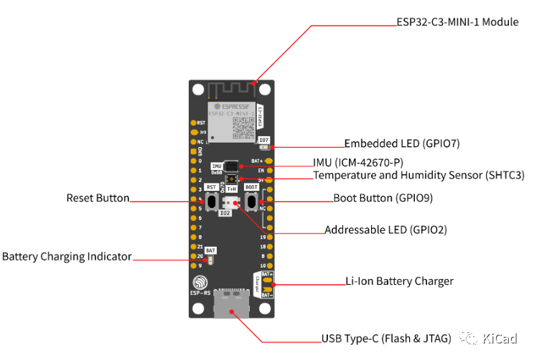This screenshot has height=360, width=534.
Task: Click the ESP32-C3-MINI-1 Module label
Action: point(457,22)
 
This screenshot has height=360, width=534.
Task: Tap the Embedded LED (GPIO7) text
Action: point(401,143)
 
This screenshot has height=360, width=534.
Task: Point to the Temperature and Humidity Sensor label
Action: point(418,175)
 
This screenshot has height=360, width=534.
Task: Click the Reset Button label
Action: point(98,198)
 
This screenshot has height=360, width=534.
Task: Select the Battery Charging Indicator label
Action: point(67,256)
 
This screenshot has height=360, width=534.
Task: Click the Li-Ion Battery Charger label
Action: point(399,280)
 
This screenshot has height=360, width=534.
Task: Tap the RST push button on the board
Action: point(212,202)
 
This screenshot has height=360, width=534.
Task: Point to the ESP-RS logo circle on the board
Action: point(202,281)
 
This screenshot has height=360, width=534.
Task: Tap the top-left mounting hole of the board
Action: point(198,90)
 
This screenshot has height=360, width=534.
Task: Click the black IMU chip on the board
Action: point(231,166)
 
